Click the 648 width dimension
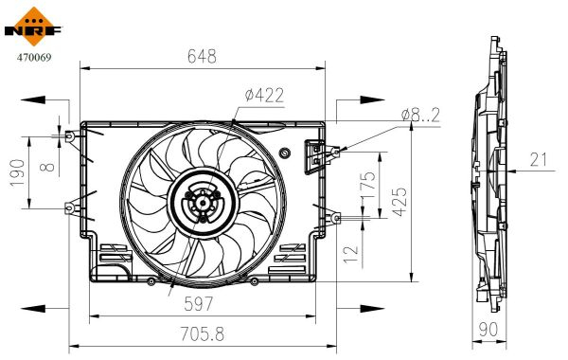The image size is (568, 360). tap(201, 56)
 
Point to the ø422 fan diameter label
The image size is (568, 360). tap(264, 95)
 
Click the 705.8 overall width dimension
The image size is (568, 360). tap(200, 333)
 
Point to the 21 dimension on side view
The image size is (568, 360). tap(540, 161)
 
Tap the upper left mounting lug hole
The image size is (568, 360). tap(69, 136)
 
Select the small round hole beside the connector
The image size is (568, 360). tap(285, 154)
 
